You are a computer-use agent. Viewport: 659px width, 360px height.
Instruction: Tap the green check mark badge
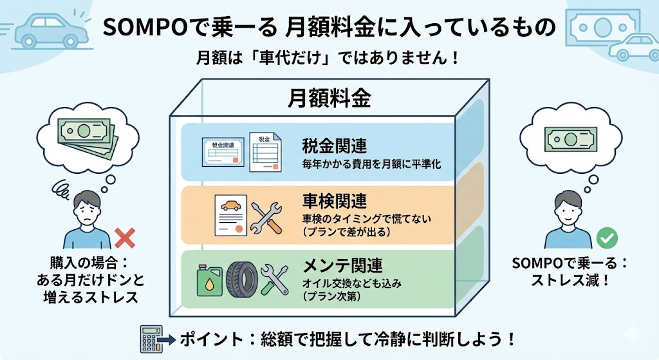point(606,238)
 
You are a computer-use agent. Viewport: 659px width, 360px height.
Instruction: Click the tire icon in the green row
point(241,279)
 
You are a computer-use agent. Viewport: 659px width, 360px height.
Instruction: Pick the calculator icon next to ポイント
point(150,337)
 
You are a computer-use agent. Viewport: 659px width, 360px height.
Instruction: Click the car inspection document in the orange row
point(229,217)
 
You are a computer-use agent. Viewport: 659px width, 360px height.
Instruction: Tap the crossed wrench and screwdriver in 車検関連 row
point(266,218)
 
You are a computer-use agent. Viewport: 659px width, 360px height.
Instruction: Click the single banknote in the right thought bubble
point(570,137)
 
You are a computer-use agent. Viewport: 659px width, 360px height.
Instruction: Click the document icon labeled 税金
point(265,152)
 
